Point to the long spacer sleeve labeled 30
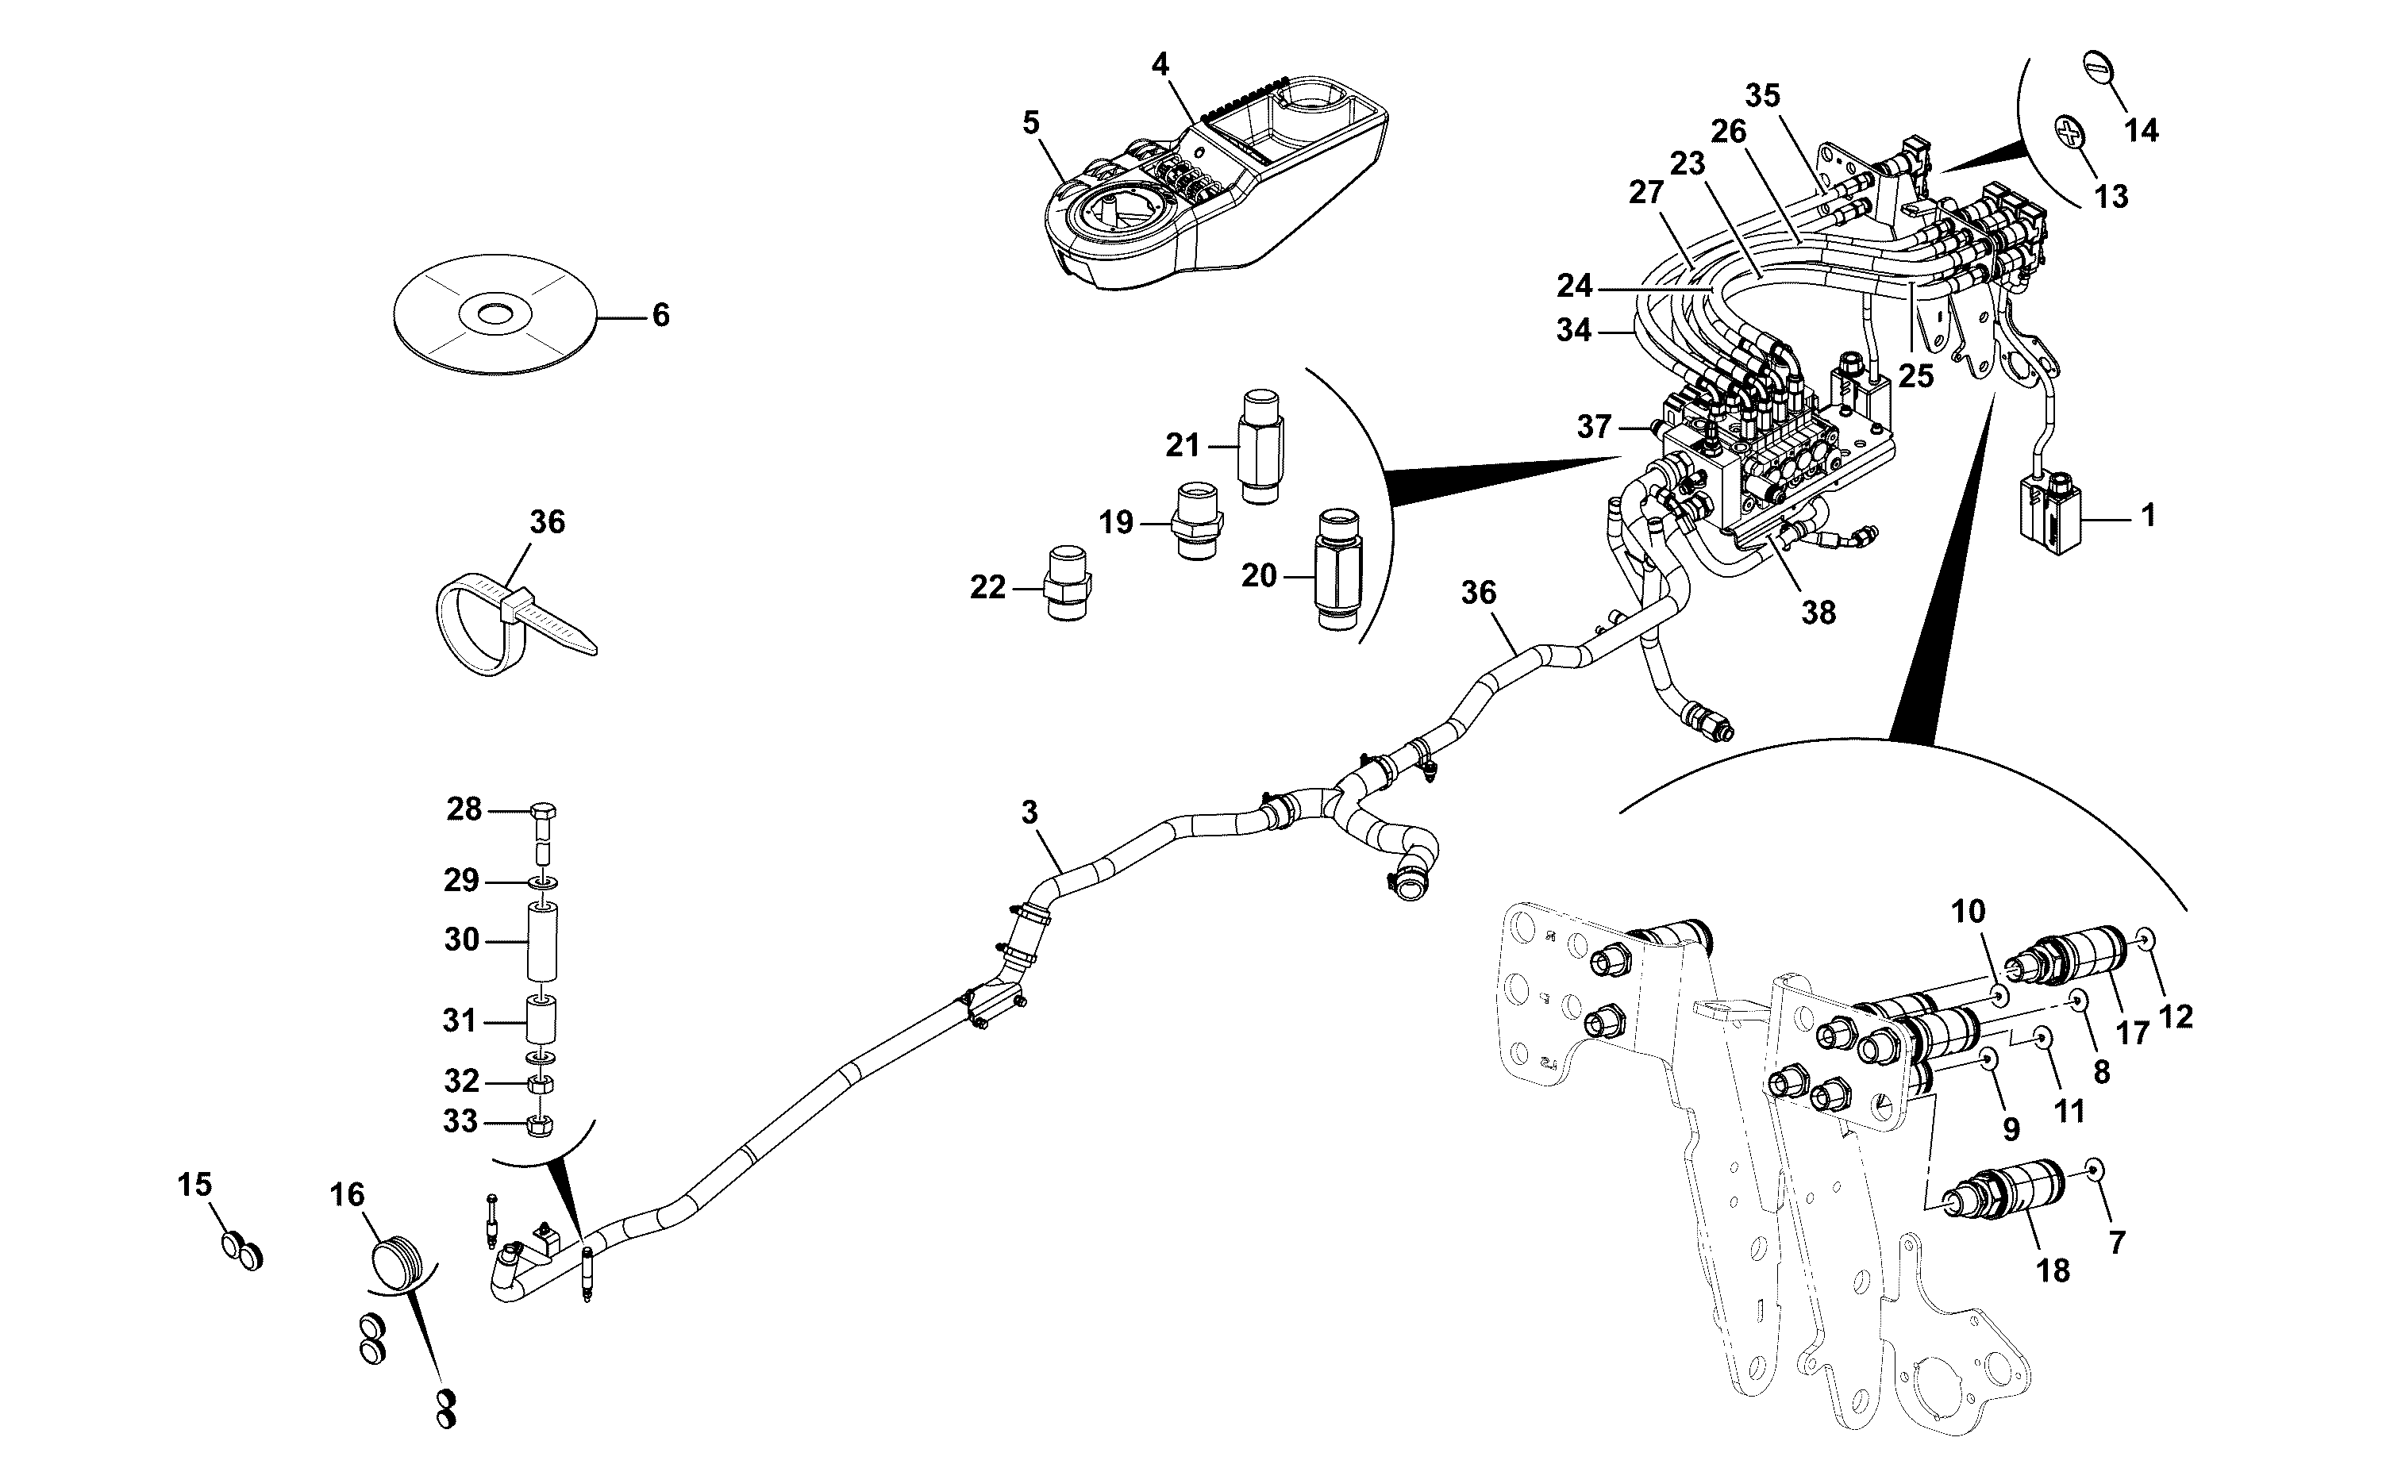(x=544, y=941)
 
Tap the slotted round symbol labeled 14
(x=2098, y=69)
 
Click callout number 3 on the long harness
(x=1030, y=812)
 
